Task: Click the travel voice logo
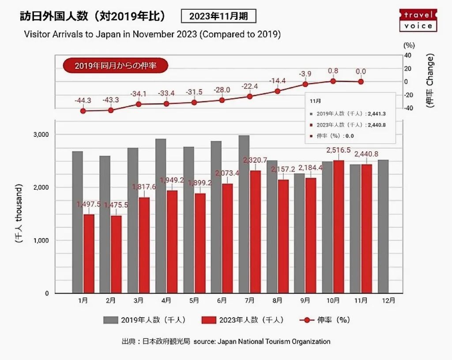click(418, 20)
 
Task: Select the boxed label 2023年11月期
click(218, 17)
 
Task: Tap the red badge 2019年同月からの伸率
click(115, 66)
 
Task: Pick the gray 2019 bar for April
click(161, 216)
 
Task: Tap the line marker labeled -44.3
click(83, 111)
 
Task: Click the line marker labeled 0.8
click(333, 81)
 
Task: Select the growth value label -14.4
click(277, 81)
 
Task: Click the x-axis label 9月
click(305, 300)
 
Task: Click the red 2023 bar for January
click(89, 254)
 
